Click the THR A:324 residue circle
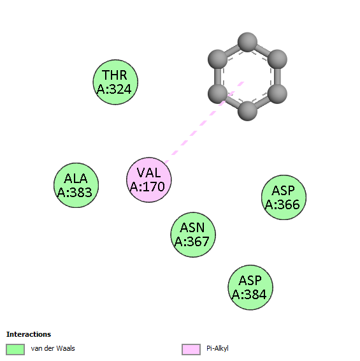point(115,82)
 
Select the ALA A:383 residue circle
point(76,185)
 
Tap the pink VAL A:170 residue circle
point(149,180)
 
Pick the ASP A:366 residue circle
point(284,197)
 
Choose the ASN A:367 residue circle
point(193,235)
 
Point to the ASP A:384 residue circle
point(250,287)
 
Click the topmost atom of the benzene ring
point(247,42)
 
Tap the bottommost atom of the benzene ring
point(247,111)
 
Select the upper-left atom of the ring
point(218,59)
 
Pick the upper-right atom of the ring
point(277,59)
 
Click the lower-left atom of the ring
point(218,94)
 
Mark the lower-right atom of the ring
point(277,94)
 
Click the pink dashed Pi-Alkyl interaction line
point(205,122)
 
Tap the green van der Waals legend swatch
point(15,350)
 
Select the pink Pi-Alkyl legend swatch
point(191,350)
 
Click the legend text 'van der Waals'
point(53,348)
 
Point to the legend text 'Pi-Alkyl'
point(217,349)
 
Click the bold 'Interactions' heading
point(29,334)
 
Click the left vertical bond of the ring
point(218,77)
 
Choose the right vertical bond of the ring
point(277,77)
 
